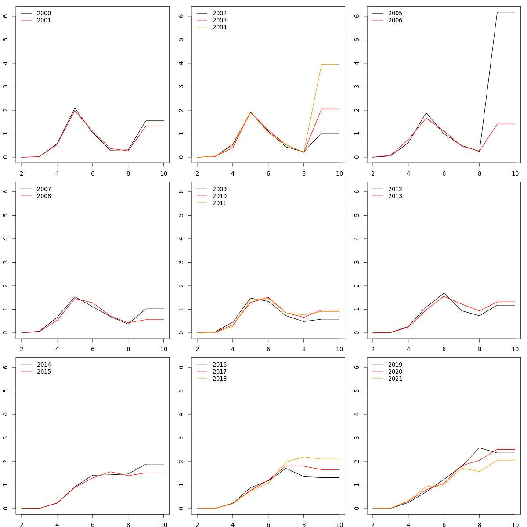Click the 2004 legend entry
tap(219, 27)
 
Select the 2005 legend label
tap(395, 13)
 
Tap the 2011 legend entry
tap(219, 203)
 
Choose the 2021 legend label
tap(395, 379)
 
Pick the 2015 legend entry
tap(43, 372)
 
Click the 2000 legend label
tap(43, 13)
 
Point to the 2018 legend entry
tap(219, 379)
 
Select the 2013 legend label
tap(395, 196)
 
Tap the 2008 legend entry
tap(43, 196)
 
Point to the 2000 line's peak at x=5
tap(75, 108)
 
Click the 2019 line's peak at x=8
tap(480, 448)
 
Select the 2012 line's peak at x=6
tap(444, 293)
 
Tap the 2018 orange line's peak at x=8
tap(304, 457)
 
